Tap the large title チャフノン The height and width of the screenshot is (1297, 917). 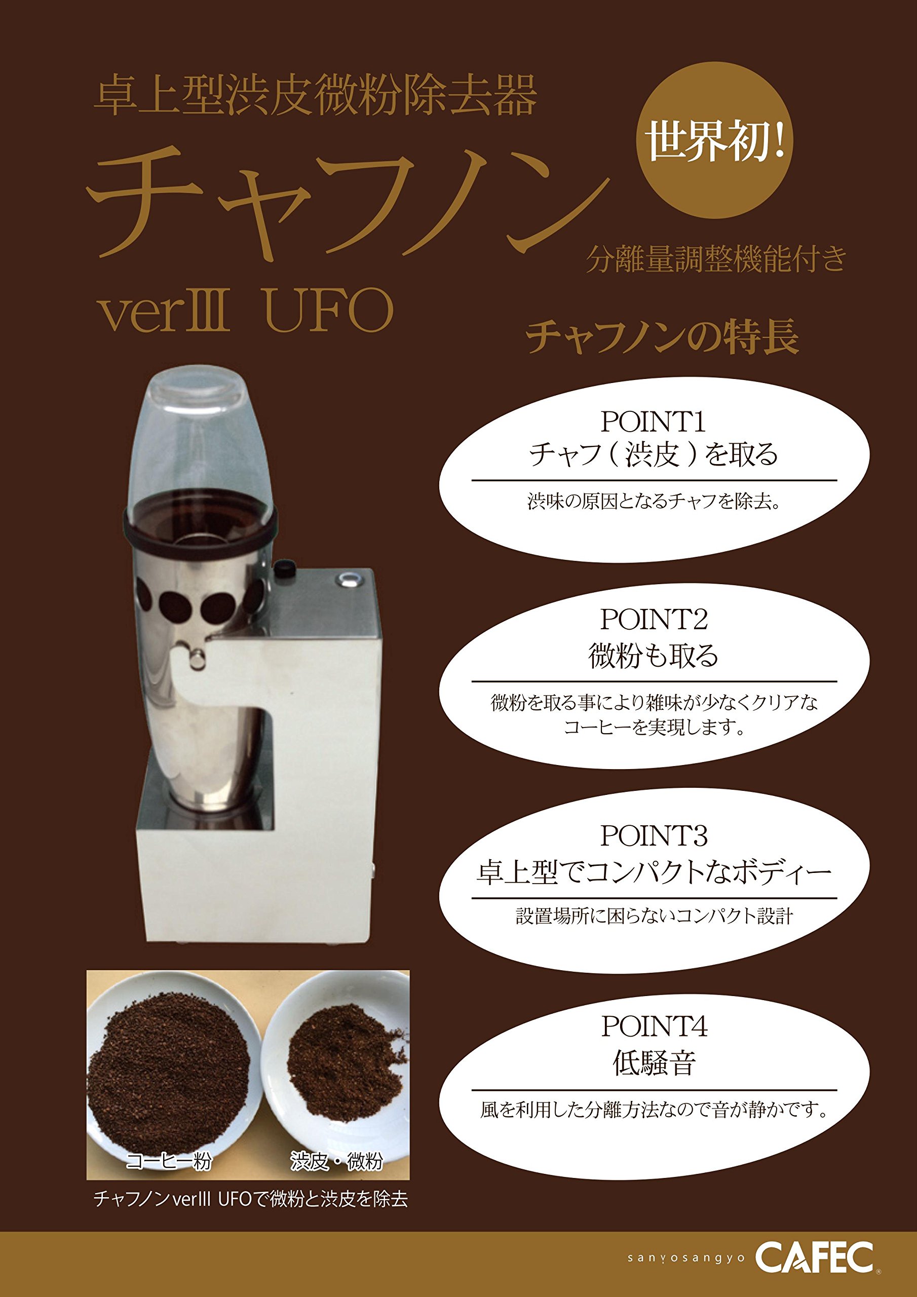tap(348, 203)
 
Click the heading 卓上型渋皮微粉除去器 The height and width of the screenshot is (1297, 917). tap(315, 97)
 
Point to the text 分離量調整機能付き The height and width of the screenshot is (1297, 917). tap(716, 259)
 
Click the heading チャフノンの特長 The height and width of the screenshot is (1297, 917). tap(662, 337)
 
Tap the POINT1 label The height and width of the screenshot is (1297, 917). tap(653, 422)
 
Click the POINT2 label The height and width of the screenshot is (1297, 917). tap(653, 619)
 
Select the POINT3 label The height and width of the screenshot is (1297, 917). tap(653, 835)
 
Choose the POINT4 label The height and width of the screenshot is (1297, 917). tap(653, 1026)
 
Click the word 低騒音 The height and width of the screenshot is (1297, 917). tap(654, 1063)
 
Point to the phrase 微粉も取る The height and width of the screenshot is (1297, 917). tap(653, 656)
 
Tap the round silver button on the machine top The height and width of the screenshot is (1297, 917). tap(347, 579)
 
